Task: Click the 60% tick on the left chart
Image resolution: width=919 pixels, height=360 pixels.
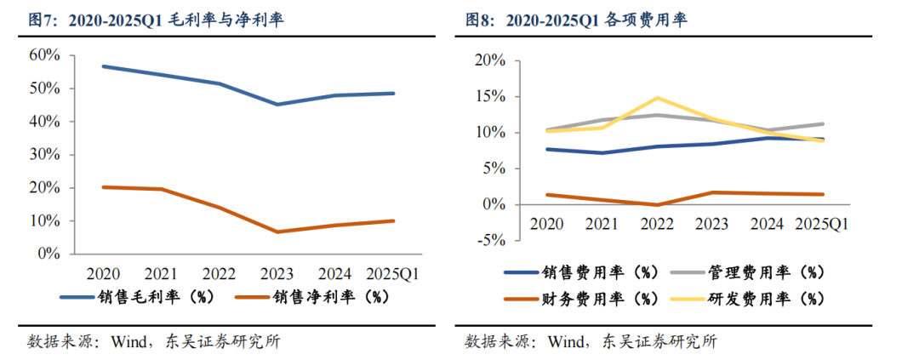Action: pyautogui.click(x=45, y=55)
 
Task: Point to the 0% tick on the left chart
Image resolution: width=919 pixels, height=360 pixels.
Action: pyautogui.click(x=49, y=254)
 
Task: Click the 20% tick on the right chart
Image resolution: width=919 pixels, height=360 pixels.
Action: pyautogui.click(x=493, y=61)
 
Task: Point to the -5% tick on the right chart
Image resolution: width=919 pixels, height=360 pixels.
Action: pyautogui.click(x=493, y=240)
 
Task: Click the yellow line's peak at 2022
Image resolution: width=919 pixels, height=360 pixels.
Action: pyautogui.click(x=658, y=98)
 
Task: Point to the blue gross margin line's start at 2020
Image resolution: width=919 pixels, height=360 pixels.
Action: pyautogui.click(x=102, y=66)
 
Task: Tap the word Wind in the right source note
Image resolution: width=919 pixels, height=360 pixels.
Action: pyautogui.click(x=565, y=342)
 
